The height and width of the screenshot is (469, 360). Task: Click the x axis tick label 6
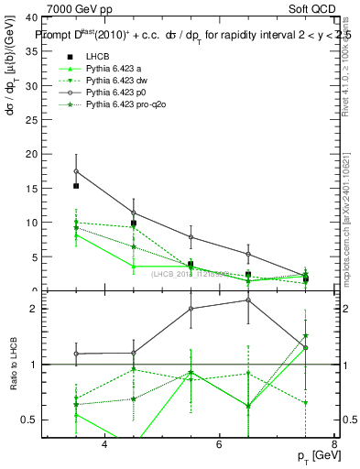(x=220, y=444)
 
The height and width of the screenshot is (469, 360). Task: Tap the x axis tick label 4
(x=104, y=444)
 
